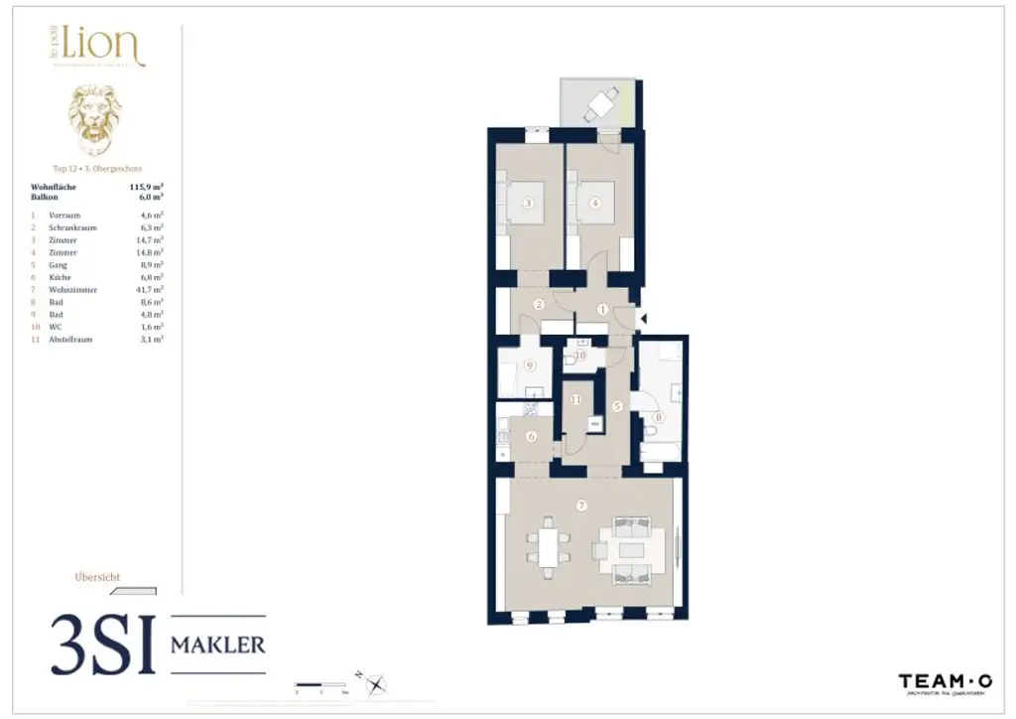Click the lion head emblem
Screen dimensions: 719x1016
point(94,117)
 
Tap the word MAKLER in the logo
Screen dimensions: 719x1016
point(218,645)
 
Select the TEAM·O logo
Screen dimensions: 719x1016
point(945,682)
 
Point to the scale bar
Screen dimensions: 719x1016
point(322,684)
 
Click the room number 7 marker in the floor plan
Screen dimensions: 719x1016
point(581,505)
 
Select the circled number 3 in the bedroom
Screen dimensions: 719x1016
point(529,205)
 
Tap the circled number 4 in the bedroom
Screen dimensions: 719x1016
point(595,205)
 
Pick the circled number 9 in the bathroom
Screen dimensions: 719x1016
point(529,364)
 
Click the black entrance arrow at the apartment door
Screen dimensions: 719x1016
point(643,319)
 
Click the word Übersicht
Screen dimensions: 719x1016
point(97,577)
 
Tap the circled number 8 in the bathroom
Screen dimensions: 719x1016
point(658,418)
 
